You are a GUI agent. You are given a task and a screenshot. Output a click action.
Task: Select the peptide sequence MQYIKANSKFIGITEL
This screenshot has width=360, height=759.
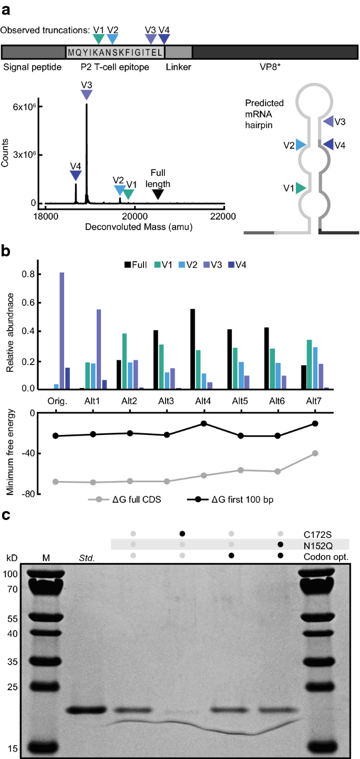tap(115, 52)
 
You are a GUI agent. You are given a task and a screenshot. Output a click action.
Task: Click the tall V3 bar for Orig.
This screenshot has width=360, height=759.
tap(62, 330)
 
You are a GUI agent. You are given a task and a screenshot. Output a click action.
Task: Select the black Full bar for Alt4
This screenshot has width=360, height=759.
tap(193, 349)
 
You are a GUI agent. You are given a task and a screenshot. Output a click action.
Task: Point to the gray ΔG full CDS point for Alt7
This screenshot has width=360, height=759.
tap(315, 453)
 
